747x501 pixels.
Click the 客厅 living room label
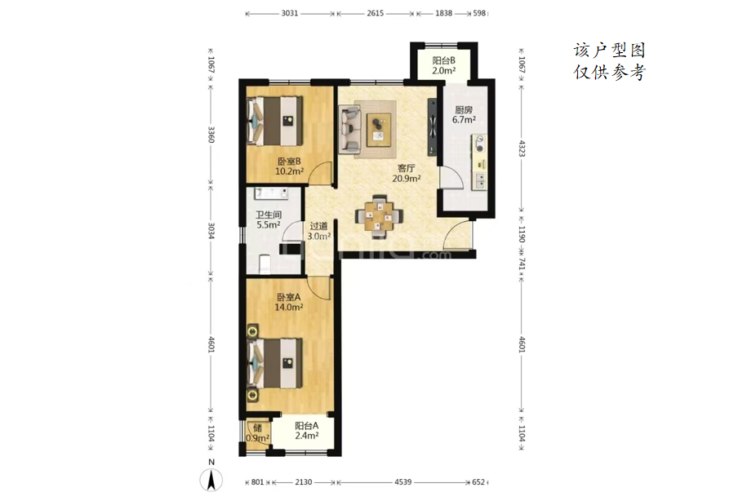(x=406, y=168)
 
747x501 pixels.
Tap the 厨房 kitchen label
(x=464, y=110)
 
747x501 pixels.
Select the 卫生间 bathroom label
(x=269, y=215)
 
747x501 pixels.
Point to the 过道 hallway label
(x=318, y=226)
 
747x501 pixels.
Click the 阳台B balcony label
(x=443, y=60)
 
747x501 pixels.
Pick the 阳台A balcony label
(x=306, y=426)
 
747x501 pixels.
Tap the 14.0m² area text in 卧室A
(x=289, y=307)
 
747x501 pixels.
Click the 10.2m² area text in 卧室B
(x=289, y=171)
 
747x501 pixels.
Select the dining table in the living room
(x=380, y=217)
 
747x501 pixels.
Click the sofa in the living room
(x=349, y=129)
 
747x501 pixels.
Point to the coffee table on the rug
(x=379, y=130)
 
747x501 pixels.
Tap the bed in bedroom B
(x=274, y=122)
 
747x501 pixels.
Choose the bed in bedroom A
(x=274, y=363)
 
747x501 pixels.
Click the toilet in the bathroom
(x=265, y=264)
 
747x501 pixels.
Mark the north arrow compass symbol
(x=211, y=479)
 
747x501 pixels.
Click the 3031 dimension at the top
(x=290, y=13)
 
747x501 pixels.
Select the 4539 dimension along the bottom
(x=403, y=482)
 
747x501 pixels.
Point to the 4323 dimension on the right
(x=522, y=149)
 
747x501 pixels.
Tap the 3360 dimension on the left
(x=211, y=135)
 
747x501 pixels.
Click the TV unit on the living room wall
(x=432, y=127)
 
